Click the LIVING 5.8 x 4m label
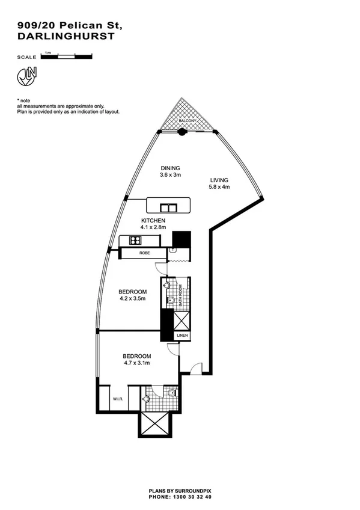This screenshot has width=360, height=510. click(x=219, y=183)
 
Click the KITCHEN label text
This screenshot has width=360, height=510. click(x=153, y=221)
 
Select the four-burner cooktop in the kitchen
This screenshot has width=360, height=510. click(x=135, y=241)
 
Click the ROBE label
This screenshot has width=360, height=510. click(x=144, y=254)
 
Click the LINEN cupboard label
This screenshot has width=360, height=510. click(x=182, y=335)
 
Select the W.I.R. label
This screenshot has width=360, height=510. click(x=117, y=399)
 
